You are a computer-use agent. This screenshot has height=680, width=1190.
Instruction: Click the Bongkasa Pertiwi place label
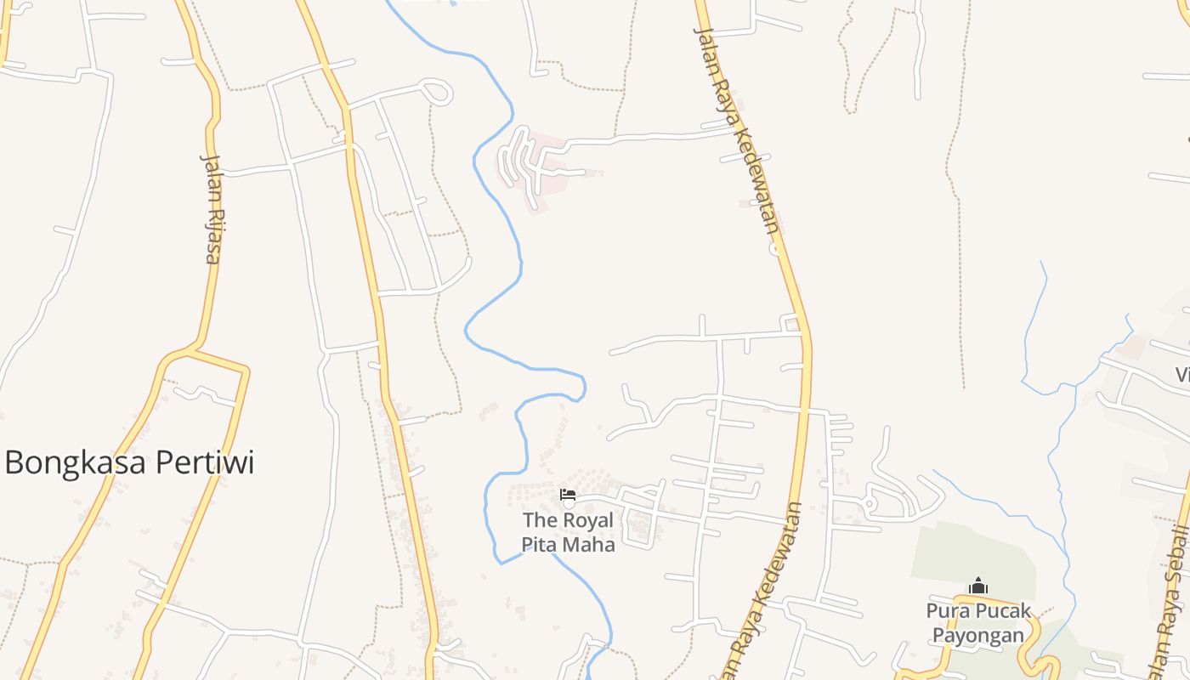pos(129,463)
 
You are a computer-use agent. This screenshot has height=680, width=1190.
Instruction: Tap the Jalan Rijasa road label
pos(211,208)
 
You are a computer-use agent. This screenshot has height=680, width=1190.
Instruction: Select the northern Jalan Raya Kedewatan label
pos(736,127)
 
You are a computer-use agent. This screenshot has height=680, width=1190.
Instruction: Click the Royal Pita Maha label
pos(568,531)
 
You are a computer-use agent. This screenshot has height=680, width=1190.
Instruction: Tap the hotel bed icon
pos(568,494)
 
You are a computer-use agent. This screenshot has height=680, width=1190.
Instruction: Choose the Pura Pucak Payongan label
pos(978,622)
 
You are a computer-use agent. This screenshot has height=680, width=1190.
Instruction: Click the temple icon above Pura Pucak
pos(978,586)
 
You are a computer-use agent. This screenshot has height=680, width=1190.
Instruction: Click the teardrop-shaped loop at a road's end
pos(438,91)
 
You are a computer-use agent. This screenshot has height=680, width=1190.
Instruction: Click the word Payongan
pos(978,635)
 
